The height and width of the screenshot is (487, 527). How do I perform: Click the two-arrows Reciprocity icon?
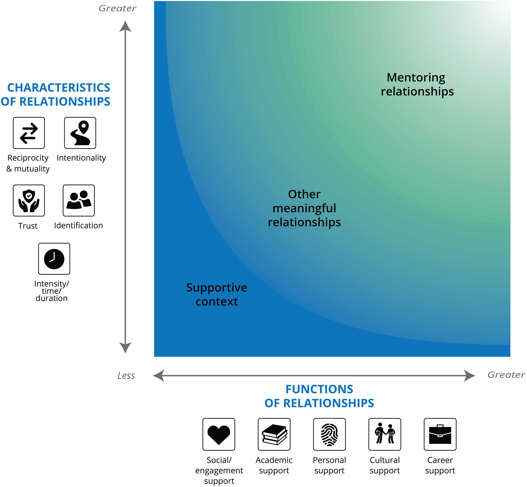click(x=29, y=133)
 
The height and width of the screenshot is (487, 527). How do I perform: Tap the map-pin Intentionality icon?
click(x=80, y=133)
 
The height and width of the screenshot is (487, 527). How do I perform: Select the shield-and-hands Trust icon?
click(x=29, y=201)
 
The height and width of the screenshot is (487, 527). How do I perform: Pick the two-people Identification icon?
click(x=79, y=201)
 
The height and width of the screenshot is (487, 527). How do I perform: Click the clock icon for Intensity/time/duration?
click(x=54, y=259)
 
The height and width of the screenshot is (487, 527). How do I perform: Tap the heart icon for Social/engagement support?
click(x=219, y=434)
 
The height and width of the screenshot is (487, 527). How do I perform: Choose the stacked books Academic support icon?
click(x=274, y=434)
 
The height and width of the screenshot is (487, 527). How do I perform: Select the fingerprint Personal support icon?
click(x=329, y=434)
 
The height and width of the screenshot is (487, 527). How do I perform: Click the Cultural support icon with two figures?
click(x=385, y=434)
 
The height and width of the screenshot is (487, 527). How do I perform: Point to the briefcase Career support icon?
click(x=440, y=434)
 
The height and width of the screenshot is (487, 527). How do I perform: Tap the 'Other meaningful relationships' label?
click(x=304, y=208)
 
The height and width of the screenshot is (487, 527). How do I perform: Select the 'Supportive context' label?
click(x=217, y=294)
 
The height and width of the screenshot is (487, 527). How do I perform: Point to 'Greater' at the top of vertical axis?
click(x=117, y=8)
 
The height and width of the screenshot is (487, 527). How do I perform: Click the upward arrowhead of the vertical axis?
click(x=125, y=26)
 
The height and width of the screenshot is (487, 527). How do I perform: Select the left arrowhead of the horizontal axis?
click(x=159, y=376)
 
